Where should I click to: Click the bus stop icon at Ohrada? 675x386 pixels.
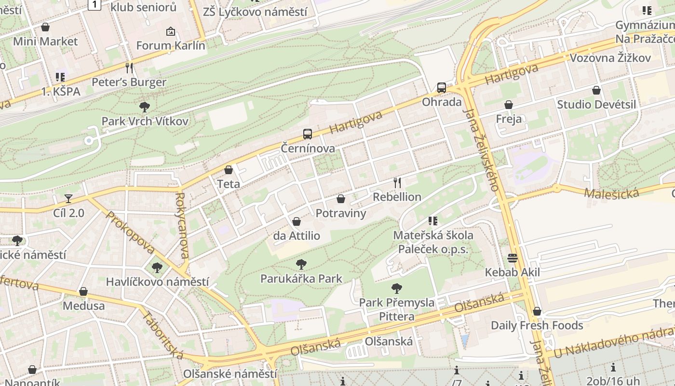(441, 88)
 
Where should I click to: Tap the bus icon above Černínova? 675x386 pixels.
(307, 134)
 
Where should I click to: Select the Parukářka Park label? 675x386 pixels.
(301, 278)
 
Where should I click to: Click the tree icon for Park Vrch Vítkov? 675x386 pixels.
(144, 107)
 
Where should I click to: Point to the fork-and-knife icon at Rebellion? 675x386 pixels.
(397, 183)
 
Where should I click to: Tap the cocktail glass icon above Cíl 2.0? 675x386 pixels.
(68, 198)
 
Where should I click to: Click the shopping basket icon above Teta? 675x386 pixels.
(229, 170)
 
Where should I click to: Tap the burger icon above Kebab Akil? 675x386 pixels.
(512, 258)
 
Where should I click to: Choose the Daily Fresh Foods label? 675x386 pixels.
(537, 325)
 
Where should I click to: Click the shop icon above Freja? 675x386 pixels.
(508, 105)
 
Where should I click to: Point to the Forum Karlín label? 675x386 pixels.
(171, 46)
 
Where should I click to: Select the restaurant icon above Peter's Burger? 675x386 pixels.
(129, 68)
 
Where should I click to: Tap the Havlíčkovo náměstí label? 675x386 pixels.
(157, 281)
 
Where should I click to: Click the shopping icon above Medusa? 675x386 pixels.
(83, 291)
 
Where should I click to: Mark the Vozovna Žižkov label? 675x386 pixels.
(610, 58)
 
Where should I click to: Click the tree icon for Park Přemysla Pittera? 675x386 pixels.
(397, 289)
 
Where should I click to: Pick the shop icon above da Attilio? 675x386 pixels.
(297, 221)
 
